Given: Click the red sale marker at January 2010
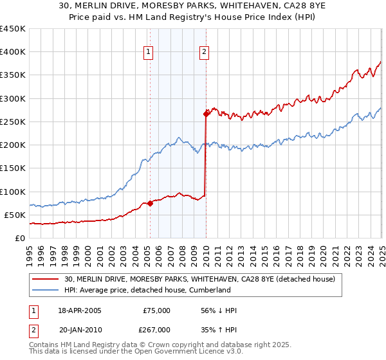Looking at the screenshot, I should pyautogui.click(x=206, y=114).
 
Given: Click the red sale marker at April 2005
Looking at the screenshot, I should pyautogui.click(x=150, y=203).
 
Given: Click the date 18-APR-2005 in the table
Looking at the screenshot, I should pyautogui.click(x=80, y=310).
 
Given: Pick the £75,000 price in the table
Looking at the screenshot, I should pyautogui.click(x=157, y=310).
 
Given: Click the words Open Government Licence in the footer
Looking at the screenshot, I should pyautogui.click(x=172, y=352).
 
